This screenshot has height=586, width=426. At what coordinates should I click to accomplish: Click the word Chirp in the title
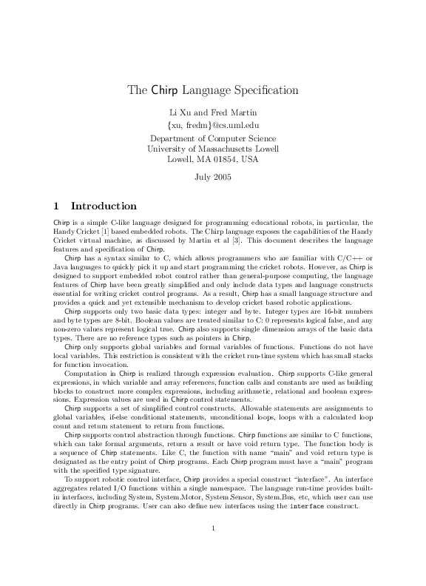[x=163, y=91]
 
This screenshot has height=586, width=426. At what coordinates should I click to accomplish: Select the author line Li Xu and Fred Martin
[x=212, y=112]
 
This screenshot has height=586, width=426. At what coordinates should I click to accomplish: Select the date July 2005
[x=212, y=177]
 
